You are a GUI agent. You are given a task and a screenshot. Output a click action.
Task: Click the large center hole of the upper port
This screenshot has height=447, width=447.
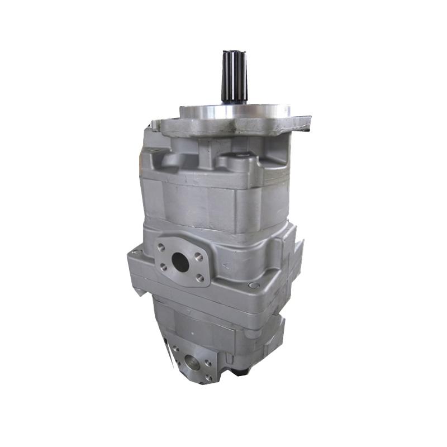pos(180,261)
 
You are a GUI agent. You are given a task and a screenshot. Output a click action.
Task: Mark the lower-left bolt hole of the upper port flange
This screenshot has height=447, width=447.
pos(164,267)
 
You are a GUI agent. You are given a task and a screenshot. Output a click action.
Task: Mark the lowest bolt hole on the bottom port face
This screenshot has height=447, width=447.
pos(207,378)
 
